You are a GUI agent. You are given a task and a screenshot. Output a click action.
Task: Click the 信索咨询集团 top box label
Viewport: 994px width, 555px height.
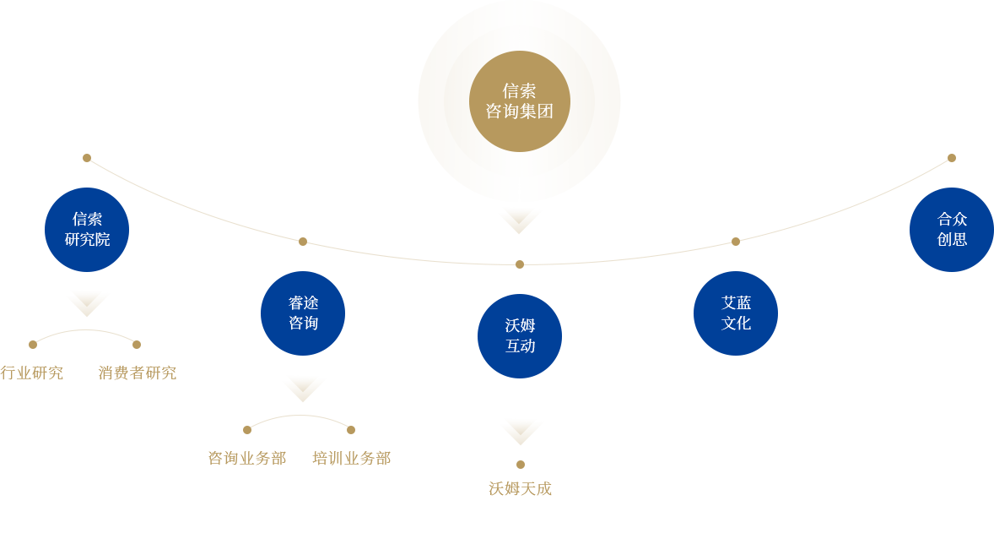(519, 101)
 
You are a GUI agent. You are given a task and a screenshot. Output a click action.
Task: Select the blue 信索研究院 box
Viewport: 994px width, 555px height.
(87, 230)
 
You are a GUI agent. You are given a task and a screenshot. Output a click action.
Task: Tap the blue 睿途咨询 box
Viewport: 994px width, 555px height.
(303, 313)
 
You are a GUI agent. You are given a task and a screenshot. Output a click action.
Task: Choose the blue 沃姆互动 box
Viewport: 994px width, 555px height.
(520, 336)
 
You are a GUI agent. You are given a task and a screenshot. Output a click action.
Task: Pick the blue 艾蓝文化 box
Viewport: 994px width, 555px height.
(736, 313)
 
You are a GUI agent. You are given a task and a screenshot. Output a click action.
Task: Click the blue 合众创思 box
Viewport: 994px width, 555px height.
(951, 230)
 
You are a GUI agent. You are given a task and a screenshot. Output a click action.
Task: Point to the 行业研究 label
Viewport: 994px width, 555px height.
(31, 373)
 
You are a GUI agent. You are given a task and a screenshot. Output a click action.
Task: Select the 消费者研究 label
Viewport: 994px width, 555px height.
(137, 373)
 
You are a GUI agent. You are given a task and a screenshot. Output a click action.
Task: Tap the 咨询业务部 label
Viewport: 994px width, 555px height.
(247, 458)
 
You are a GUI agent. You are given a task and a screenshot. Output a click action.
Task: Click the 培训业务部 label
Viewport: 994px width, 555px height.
(351, 458)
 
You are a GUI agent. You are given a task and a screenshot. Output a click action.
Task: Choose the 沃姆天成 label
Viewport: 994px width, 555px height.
(520, 488)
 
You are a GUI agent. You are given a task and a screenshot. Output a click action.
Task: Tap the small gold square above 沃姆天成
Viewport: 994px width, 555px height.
(521, 465)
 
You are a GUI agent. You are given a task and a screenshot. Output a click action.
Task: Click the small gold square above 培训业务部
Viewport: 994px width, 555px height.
(351, 430)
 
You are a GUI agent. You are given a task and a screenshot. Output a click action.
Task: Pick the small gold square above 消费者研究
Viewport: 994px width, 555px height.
(137, 345)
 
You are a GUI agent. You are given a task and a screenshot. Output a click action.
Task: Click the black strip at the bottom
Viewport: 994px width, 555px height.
(497, 525)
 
